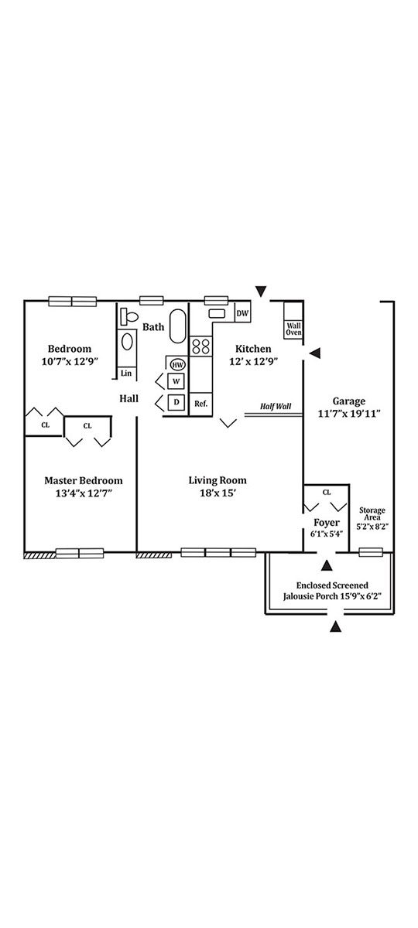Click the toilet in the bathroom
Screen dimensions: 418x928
pyautogui.click(x=129, y=316)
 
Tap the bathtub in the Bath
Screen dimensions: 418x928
pyautogui.click(x=178, y=326)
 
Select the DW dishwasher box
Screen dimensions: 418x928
pyautogui.click(x=242, y=313)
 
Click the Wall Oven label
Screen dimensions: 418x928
pyautogui.click(x=293, y=329)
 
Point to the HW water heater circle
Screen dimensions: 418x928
pyautogui.click(x=178, y=365)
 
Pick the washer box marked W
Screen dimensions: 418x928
pyautogui.click(x=176, y=381)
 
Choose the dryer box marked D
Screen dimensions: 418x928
pyautogui.click(x=176, y=402)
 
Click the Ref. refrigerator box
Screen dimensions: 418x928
pyautogui.click(x=200, y=404)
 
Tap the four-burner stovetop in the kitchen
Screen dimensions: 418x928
pyautogui.click(x=200, y=346)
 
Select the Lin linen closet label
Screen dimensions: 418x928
pyautogui.click(x=126, y=374)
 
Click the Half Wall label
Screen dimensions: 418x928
pyautogui.click(x=276, y=407)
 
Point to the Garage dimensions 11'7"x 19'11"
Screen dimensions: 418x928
pyautogui.click(x=349, y=414)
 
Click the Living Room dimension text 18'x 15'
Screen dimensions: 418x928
pyautogui.click(x=218, y=493)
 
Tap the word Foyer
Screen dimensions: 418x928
pyautogui.click(x=327, y=523)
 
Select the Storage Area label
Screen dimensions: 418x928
pyautogui.click(x=372, y=513)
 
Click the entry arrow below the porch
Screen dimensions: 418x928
pyautogui.click(x=336, y=627)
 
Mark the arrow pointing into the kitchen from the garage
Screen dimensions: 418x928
pyautogui.click(x=315, y=353)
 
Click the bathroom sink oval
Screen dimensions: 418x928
pyautogui.click(x=127, y=342)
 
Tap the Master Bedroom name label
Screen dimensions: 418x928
pyautogui.click(x=84, y=480)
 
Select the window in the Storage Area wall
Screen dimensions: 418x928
pyautogui.click(x=371, y=552)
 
